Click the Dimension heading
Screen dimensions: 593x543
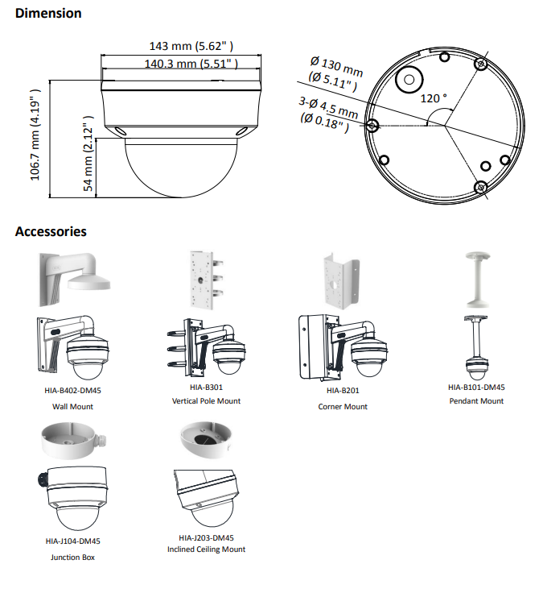pos(48,14)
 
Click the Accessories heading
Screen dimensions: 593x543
pos(51,232)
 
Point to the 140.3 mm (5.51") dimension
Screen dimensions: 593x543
pos(191,64)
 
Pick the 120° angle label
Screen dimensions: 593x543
pos(434,98)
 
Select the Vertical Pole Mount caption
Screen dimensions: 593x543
pos(206,401)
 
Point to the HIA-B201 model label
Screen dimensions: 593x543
pos(342,391)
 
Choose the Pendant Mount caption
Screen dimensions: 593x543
pos(475,401)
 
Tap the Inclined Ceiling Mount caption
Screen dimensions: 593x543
pos(206,549)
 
